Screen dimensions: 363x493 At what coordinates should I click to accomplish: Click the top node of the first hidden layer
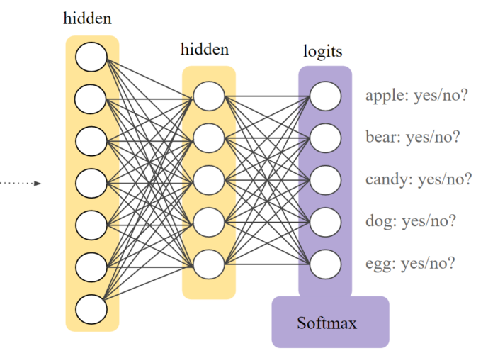pos(91,57)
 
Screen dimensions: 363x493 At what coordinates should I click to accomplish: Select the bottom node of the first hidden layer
pos(91,310)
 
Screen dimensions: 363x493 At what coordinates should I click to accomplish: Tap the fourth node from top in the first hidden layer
pos(91,183)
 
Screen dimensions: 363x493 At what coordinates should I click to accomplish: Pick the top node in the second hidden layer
pos(209,96)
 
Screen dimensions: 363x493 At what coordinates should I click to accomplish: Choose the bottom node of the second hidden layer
pos(209,263)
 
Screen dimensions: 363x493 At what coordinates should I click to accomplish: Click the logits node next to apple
pos(325,96)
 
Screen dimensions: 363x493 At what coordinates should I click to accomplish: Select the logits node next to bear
pos(325,138)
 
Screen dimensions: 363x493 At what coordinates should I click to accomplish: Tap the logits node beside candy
pos(325,179)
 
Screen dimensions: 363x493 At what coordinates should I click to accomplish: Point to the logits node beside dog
pos(325,221)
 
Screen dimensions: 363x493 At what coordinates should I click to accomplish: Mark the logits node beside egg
pos(325,263)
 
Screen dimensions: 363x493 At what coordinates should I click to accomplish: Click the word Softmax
pos(327,324)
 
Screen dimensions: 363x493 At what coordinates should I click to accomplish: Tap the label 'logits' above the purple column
pos(323,52)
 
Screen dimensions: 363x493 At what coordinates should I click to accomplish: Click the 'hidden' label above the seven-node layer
pos(87,19)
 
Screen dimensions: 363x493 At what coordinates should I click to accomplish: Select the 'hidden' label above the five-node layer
pos(205,49)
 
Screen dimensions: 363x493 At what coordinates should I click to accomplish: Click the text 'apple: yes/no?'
pos(416,96)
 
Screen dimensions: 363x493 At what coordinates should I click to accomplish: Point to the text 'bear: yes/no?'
pos(413,137)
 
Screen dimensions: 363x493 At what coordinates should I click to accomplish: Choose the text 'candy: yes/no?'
pos(418,179)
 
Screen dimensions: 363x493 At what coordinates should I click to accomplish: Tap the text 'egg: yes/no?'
pos(410,264)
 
